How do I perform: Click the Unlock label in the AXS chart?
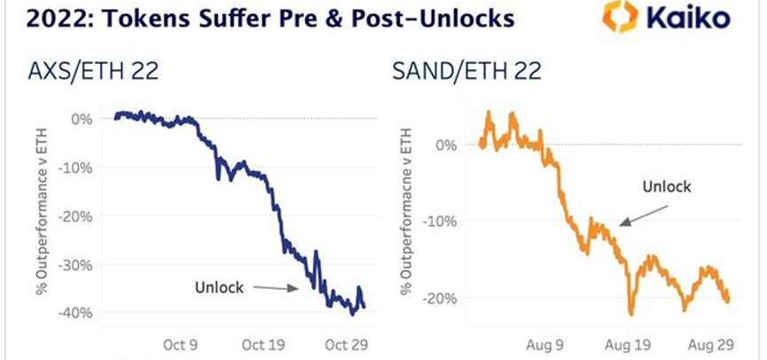point(217,286)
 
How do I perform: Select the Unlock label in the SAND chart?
point(665,187)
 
